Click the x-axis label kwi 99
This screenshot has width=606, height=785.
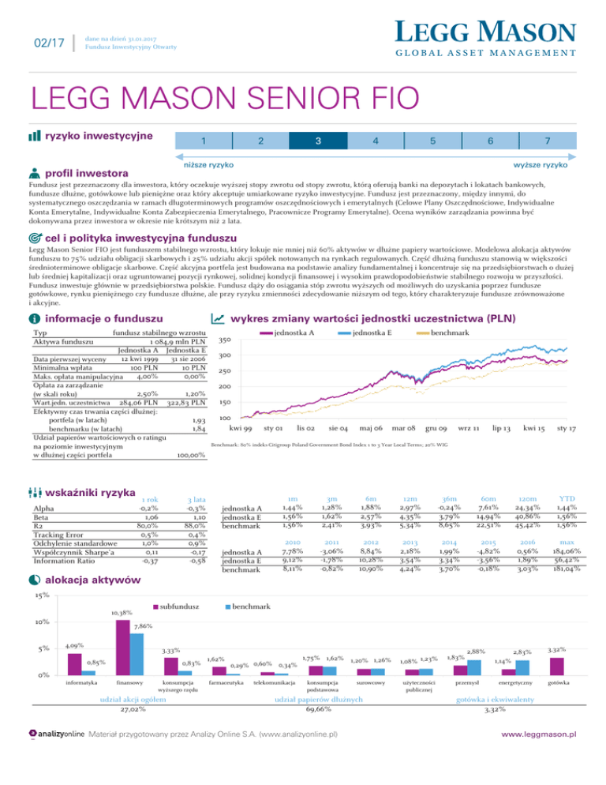click(241, 427)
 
